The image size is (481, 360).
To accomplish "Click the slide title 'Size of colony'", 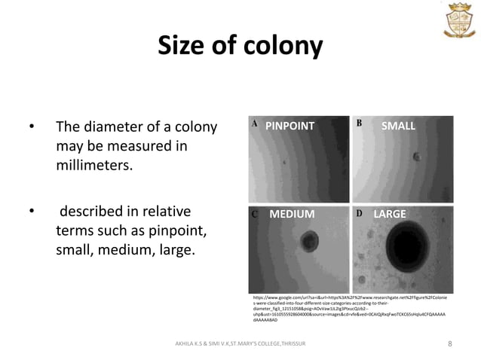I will click(240, 47).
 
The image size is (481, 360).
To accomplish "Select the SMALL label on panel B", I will click(398, 126).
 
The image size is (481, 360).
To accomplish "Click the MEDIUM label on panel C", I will click(292, 215).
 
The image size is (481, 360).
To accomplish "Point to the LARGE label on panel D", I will click(390, 215).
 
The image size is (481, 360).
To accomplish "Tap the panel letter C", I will click(255, 214).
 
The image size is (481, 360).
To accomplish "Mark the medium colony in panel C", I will click(308, 242).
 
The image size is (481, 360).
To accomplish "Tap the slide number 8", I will click(449, 345).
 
